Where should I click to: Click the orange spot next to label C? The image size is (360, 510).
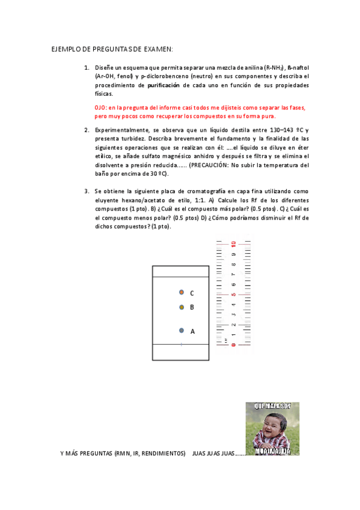tap(181, 292)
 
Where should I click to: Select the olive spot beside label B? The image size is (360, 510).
tap(181, 307)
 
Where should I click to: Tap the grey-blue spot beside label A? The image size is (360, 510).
tap(181, 330)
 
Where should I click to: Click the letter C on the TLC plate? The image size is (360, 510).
tap(192, 293)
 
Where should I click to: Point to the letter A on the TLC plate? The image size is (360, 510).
tap(192, 331)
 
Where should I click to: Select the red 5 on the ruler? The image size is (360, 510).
tap(233, 295)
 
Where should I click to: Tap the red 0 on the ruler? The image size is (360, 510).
tap(233, 345)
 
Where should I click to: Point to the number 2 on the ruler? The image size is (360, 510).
tap(233, 325)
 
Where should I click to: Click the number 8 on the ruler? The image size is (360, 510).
tap(233, 265)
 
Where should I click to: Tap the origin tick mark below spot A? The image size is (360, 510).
tap(181, 344)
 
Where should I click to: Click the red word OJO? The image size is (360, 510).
tap(100, 107)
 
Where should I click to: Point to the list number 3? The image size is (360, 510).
tap(86, 191)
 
